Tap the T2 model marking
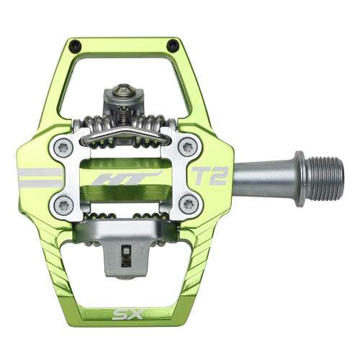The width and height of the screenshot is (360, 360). pyautogui.click(x=209, y=175)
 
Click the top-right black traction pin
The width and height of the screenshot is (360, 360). pyautogui.click(x=172, y=45)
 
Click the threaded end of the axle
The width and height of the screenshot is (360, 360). pyautogui.click(x=322, y=177)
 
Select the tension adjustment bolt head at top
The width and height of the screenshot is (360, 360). pyautogui.click(x=124, y=91)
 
